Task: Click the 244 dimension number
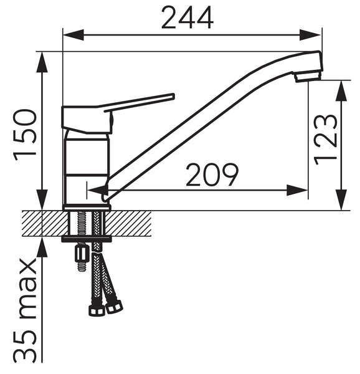187,17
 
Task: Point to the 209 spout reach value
212,175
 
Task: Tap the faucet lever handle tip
173,96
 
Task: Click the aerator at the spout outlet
308,76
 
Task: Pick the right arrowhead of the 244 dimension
310,35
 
